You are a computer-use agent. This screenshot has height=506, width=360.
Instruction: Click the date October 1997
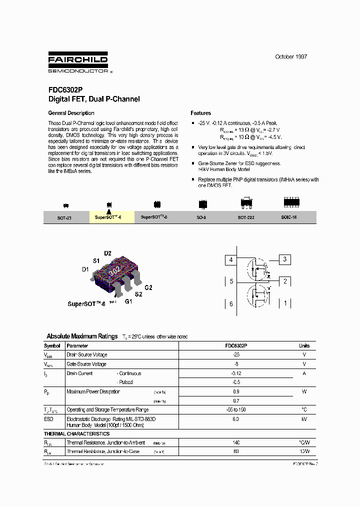(x=290, y=56)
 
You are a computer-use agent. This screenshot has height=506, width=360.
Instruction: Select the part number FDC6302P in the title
(x=63, y=90)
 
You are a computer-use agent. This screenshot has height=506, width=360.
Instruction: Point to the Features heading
(x=200, y=113)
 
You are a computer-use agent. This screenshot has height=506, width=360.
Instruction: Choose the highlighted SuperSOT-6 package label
(x=108, y=217)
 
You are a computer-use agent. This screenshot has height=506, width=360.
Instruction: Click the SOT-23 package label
(x=64, y=218)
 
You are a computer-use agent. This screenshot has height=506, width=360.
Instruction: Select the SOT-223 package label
(x=245, y=217)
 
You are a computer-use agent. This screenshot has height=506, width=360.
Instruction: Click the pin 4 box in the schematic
(x=231, y=260)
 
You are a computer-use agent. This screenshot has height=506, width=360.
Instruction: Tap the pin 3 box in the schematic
(x=284, y=259)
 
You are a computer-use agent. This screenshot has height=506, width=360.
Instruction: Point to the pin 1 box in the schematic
(x=285, y=303)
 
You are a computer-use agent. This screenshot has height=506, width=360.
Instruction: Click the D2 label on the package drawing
(x=107, y=253)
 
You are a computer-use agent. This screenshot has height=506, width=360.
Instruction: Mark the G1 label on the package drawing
(x=128, y=301)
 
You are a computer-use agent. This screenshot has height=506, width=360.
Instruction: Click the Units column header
(x=304, y=345)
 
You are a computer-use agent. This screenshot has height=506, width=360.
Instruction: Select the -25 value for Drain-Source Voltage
(x=236, y=354)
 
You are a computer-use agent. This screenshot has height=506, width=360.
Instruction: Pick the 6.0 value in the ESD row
(x=236, y=419)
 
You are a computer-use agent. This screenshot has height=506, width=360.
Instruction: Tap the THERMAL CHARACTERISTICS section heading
(x=76, y=433)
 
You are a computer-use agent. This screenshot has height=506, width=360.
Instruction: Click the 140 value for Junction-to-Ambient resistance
(x=236, y=442)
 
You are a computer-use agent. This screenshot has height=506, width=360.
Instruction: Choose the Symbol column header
(x=52, y=345)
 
